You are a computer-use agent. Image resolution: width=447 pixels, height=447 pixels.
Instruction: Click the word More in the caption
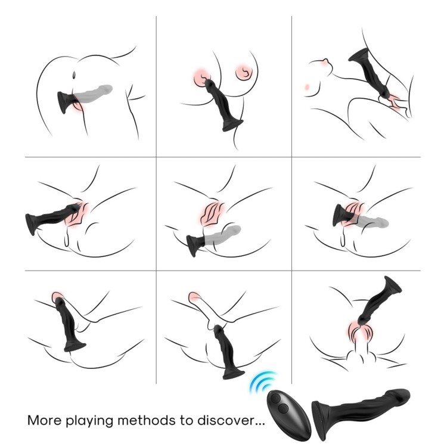[x=44, y=420]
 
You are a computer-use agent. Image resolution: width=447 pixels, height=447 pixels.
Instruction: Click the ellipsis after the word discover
[x=259, y=424]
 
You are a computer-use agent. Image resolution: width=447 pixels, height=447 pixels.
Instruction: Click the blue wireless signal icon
[x=262, y=382]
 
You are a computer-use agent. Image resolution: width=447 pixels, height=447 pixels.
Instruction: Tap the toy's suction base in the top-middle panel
[x=232, y=125]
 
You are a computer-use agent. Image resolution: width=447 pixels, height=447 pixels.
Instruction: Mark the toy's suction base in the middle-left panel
[x=32, y=224]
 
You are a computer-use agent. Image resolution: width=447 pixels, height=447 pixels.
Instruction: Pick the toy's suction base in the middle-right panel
[x=339, y=215]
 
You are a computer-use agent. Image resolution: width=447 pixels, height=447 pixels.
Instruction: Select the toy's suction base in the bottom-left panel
[x=74, y=346]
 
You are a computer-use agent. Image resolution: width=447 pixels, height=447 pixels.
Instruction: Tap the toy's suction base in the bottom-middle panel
[x=234, y=374]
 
